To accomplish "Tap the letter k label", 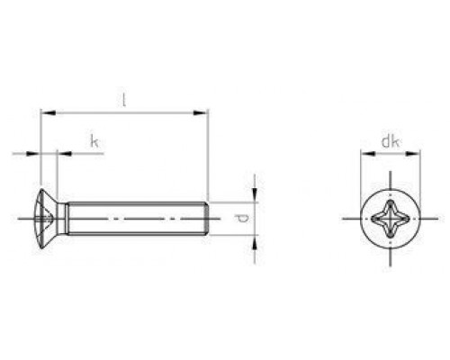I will [94, 140].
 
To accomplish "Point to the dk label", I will [389, 141].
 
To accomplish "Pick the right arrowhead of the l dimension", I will [203, 112].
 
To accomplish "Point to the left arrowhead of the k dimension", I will [37, 154].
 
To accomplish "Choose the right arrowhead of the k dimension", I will [62, 154].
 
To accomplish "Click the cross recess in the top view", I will [391, 218].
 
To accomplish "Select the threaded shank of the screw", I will [135, 218].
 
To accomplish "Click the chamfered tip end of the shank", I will [208, 218].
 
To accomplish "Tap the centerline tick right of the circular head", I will [431, 218].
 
